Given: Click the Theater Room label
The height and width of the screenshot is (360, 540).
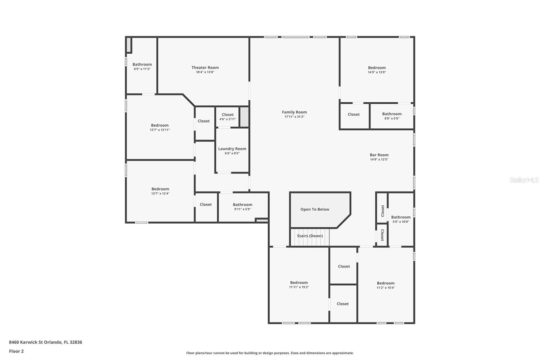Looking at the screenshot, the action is click(205, 68).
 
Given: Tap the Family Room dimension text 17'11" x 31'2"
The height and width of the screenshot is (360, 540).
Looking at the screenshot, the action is click(294, 117).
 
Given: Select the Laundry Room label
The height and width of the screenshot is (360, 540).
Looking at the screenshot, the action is click(232, 149).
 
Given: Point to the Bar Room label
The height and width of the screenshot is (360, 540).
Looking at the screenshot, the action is click(379, 155).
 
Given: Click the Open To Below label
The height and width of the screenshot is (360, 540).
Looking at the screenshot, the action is click(315, 209).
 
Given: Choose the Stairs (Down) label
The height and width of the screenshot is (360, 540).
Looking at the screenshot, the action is click(310, 236).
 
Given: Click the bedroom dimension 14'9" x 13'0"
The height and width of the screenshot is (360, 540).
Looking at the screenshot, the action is click(377, 72).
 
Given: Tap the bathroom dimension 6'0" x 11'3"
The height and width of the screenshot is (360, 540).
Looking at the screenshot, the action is click(142, 69).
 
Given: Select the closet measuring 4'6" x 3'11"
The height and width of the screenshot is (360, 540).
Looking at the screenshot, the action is click(227, 117).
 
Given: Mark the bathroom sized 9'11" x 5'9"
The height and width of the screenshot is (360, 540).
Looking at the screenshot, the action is click(243, 207).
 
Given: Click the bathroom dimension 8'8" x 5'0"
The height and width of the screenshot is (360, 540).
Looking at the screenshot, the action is click(392, 119).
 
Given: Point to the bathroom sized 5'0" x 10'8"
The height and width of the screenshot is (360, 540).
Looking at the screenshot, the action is click(401, 219).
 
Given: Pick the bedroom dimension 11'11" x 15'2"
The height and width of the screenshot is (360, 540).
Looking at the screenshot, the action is click(299, 287).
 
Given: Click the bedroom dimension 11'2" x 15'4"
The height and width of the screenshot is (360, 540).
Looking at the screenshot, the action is click(386, 288).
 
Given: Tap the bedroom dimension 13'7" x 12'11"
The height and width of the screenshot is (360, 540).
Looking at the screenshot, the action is click(160, 130).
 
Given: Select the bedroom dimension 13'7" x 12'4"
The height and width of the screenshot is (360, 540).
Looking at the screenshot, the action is click(160, 194).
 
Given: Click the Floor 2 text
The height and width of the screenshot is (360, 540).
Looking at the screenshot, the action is click(17, 351).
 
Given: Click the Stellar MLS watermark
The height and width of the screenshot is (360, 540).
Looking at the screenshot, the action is click(524, 180).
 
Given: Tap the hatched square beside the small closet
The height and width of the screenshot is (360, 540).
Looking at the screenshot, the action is click(244, 117).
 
